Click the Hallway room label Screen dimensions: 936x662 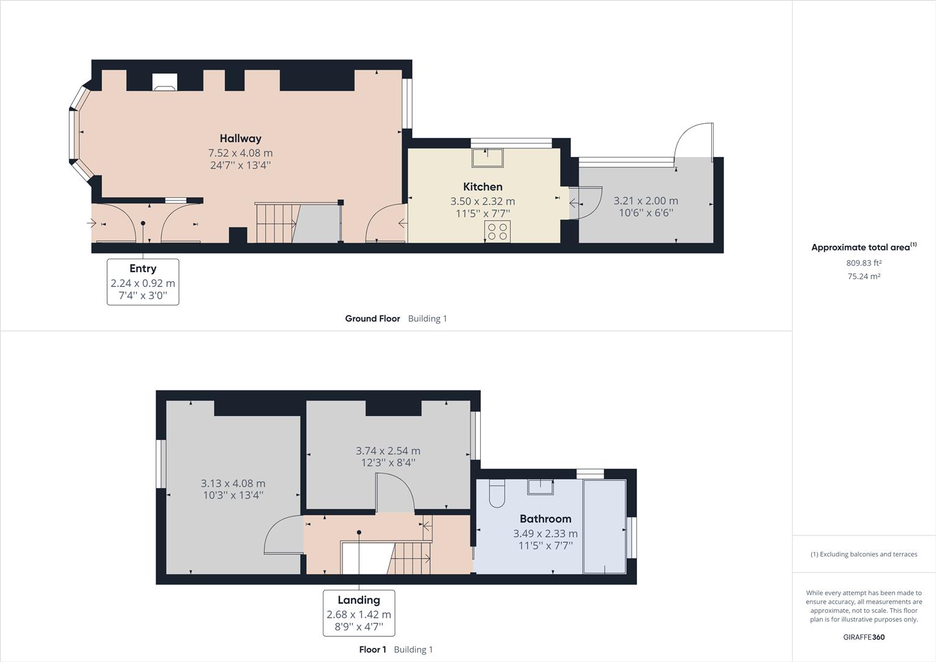tap(241, 139)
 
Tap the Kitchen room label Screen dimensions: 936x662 tap(483, 186)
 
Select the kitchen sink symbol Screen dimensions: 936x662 tap(488, 158)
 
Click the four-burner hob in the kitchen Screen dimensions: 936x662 tap(497, 231)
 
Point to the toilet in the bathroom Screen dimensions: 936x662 tap(497, 493)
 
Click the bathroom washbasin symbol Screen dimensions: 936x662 tap(541, 487)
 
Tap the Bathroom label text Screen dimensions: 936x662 tap(545, 519)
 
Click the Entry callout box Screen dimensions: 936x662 tap(143, 282)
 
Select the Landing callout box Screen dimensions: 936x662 tap(359, 613)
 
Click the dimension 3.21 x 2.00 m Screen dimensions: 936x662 tap(646, 200)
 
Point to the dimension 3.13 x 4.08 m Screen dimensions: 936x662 tap(233, 484)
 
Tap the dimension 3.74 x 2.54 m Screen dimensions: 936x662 tap(388, 451)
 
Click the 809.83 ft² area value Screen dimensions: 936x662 tap(864, 263)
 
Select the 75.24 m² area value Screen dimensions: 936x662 tap(864, 276)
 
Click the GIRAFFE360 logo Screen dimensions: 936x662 tap(864, 637)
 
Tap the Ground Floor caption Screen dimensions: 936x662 tap(372, 319)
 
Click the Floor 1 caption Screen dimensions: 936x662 tap(372, 650)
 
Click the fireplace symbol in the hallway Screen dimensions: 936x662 tap(165, 82)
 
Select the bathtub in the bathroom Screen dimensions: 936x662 tap(605, 527)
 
